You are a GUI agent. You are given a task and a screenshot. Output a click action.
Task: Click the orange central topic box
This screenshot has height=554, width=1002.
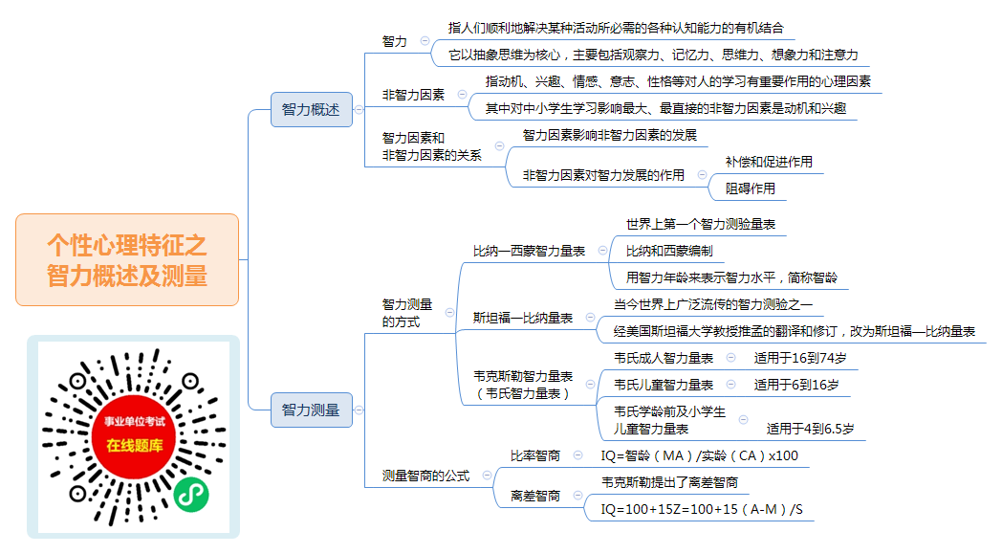pyautogui.click(x=127, y=259)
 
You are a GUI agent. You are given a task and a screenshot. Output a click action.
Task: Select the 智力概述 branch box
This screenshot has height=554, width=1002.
pyautogui.click(x=311, y=109)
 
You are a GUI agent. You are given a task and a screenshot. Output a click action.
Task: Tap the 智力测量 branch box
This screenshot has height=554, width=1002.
pyautogui.click(x=311, y=410)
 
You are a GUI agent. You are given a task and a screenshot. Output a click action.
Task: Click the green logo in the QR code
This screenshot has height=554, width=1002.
pyautogui.click(x=191, y=495)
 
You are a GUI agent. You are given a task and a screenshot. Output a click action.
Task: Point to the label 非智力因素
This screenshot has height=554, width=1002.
pyautogui.click(x=413, y=95)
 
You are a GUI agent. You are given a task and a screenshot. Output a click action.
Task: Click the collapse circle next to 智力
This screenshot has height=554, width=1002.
pyautogui.click(x=425, y=41)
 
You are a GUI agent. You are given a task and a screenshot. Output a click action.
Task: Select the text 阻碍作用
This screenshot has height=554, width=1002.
pyautogui.click(x=751, y=188)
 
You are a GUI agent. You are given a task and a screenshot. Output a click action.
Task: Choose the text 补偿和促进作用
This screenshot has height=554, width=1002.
pyautogui.click(x=769, y=162)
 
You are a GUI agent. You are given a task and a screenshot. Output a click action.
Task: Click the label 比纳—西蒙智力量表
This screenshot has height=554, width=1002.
pyautogui.click(x=529, y=252)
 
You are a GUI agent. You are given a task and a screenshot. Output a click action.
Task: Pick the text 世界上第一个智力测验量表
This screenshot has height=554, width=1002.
pyautogui.click(x=701, y=225)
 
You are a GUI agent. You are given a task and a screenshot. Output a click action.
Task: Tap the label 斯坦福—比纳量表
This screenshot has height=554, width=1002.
pyautogui.click(x=523, y=318)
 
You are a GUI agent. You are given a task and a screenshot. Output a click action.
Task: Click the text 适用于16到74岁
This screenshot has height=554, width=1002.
pyautogui.click(x=800, y=358)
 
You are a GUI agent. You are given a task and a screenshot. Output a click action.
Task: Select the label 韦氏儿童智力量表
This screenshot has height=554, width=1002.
pyautogui.click(x=664, y=385)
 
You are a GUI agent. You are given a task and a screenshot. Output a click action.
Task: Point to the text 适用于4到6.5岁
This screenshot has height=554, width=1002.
pyautogui.click(x=810, y=429)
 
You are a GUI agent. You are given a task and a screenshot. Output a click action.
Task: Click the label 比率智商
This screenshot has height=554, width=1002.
pyautogui.click(x=535, y=455)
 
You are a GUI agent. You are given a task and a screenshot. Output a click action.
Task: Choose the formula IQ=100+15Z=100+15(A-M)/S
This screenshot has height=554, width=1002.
pyautogui.click(x=702, y=509)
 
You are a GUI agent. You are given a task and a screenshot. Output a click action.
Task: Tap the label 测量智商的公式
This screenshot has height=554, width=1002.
pyautogui.click(x=425, y=476)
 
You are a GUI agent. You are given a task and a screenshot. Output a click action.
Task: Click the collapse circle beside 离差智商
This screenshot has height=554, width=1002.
pyautogui.click(x=577, y=495)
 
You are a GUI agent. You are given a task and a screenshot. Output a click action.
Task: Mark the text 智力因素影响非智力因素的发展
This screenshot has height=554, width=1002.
pyautogui.click(x=610, y=135)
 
